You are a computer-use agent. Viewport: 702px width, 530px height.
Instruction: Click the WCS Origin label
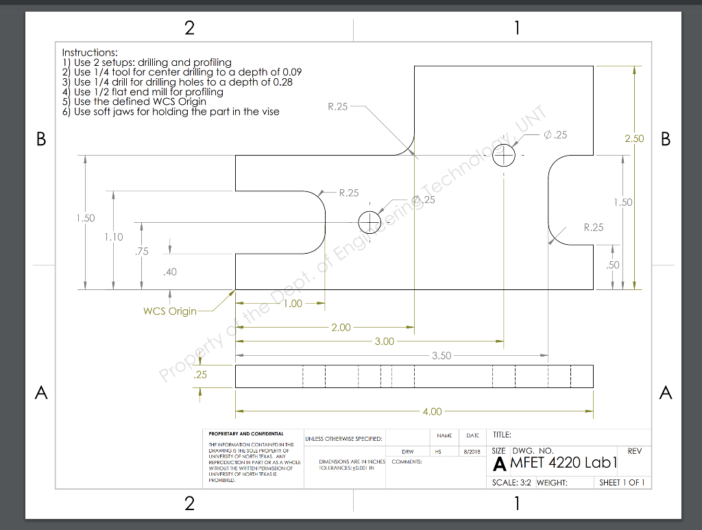point(169,311)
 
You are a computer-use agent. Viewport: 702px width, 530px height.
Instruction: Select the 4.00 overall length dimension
point(432,412)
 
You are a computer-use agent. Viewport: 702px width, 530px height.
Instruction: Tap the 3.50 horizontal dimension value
point(442,356)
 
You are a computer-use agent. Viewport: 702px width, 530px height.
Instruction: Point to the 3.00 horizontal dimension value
point(384,341)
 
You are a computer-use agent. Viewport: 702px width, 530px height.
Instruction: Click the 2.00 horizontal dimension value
point(341,328)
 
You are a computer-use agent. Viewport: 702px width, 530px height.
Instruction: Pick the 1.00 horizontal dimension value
point(293,304)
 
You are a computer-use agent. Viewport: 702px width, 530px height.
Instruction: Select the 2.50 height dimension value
point(634,138)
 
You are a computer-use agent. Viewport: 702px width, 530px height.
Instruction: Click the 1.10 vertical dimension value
point(114,237)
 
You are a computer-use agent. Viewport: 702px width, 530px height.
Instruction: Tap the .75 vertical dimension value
point(141,252)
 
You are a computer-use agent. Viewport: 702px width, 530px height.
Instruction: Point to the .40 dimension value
point(169,272)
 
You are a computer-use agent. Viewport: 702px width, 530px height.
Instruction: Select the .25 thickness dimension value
point(199,375)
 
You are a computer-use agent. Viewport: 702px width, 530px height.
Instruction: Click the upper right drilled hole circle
point(504,155)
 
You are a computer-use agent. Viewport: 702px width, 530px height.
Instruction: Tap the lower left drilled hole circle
point(370,222)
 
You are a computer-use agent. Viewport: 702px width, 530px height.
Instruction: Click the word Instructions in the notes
point(90,52)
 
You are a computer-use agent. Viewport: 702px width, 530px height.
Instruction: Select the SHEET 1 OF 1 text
point(622,483)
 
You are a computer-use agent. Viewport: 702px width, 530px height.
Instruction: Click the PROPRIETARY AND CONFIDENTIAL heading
point(246,434)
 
